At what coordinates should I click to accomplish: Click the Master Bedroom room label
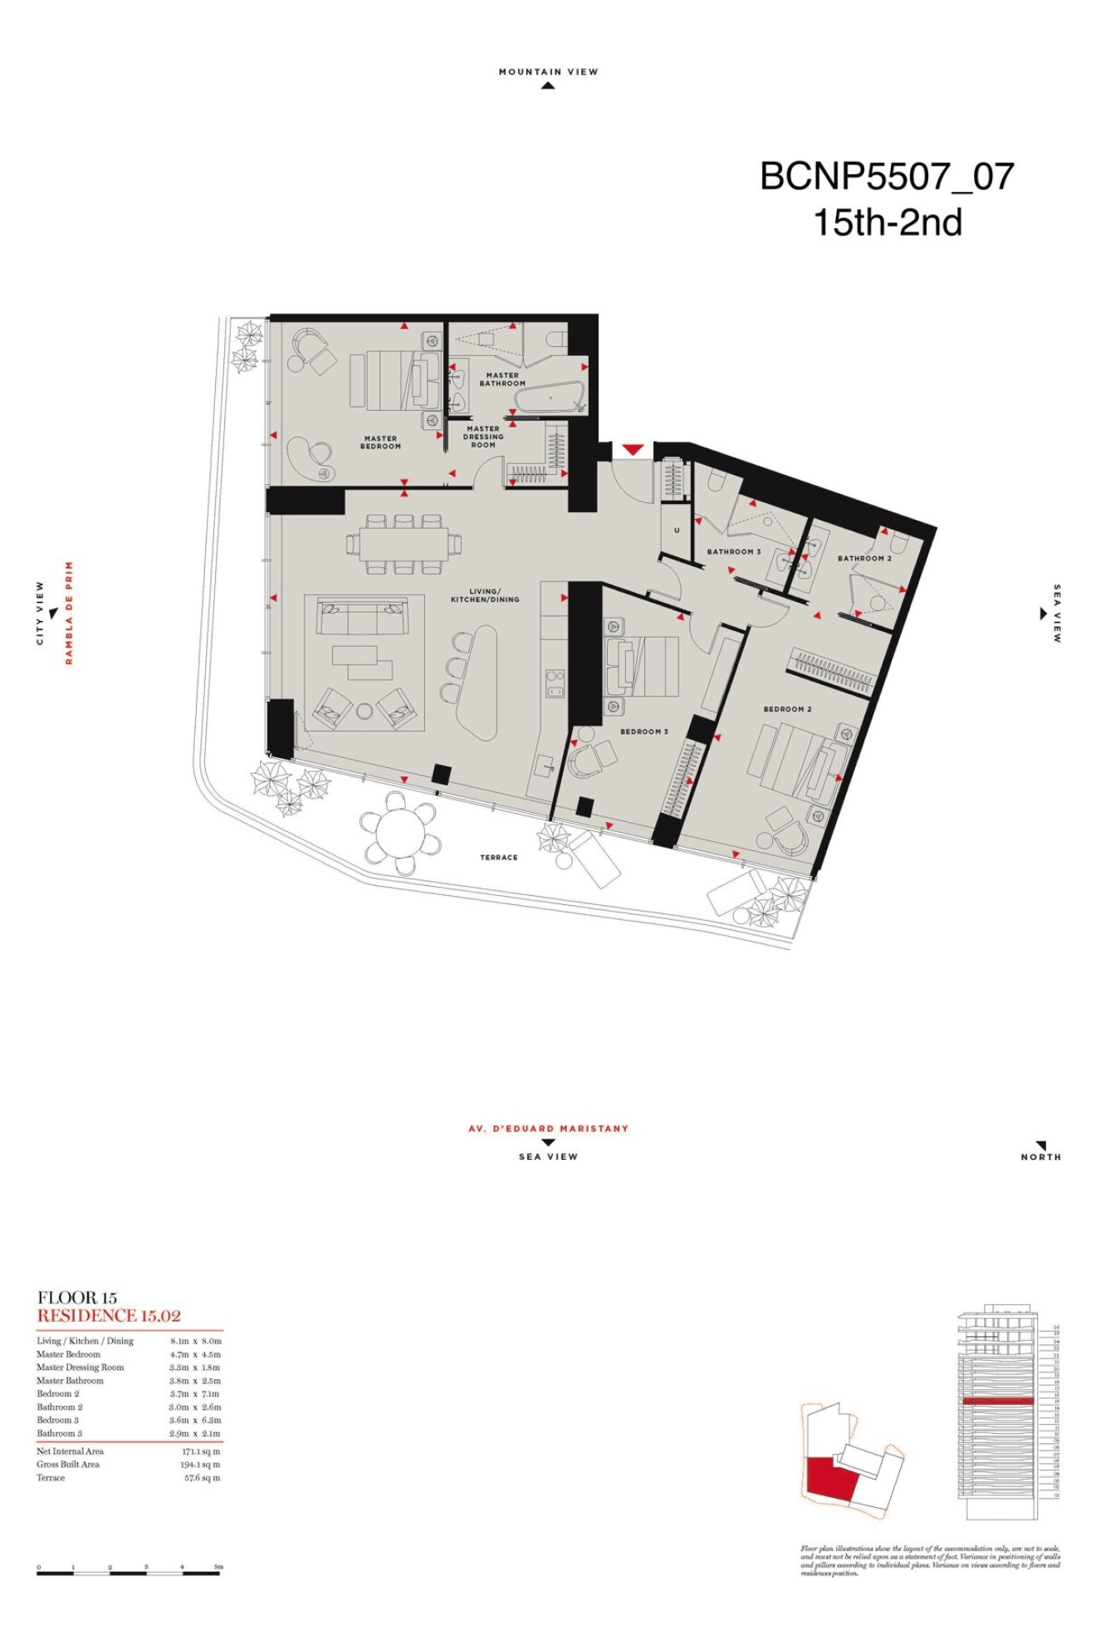coord(380,443)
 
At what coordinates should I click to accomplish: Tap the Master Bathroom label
coord(502,379)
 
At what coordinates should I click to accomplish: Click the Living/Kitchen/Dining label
coord(485,595)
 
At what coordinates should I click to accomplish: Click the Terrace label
coord(498,858)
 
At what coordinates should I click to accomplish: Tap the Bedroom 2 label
coord(787,709)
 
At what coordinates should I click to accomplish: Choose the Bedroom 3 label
coord(643,731)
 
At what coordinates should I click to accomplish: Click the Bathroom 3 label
coord(733,551)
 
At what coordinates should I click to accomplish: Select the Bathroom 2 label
coord(864,559)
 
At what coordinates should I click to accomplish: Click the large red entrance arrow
coord(633,450)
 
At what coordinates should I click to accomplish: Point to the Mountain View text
coord(548,72)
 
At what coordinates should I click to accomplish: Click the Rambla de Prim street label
coord(70,613)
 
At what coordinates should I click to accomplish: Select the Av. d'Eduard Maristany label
coord(548,1128)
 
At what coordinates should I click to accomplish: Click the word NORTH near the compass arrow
coord(1040,1157)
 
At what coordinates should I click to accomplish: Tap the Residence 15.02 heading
coord(109,1315)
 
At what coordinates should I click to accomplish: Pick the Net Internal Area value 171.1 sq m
coord(201,1451)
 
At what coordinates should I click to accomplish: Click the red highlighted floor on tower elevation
coord(997,1401)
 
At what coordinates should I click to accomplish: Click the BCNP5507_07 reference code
coord(887,177)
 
